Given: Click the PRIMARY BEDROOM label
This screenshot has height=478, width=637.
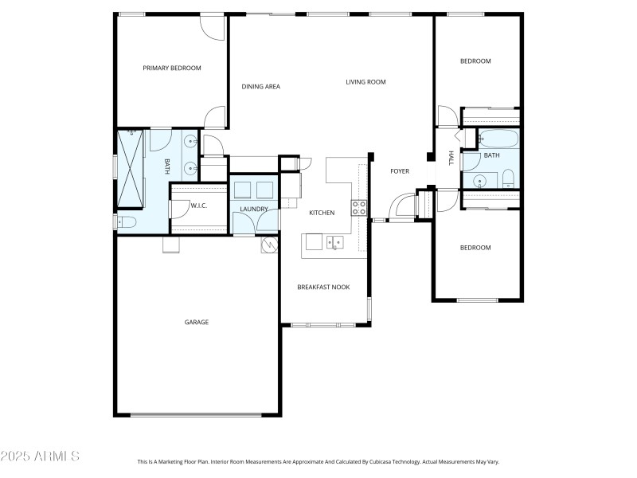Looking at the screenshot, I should pyautogui.click(x=172, y=69).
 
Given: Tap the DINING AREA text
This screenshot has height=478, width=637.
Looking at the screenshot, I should pyautogui.click(x=261, y=87).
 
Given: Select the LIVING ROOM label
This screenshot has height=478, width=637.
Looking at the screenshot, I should pyautogui.click(x=365, y=82).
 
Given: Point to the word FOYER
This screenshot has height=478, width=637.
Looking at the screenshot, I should pyautogui.click(x=399, y=171).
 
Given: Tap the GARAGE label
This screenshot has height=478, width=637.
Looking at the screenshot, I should pyautogui.click(x=197, y=323).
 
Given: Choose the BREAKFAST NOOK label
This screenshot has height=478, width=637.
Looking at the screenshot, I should pyautogui.click(x=323, y=288).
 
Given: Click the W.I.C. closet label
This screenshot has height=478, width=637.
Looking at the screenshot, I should pyautogui.click(x=199, y=206).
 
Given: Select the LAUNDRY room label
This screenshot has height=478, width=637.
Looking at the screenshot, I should pyautogui.click(x=255, y=210).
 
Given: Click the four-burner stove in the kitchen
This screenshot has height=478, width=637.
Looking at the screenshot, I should pyautogui.click(x=359, y=209).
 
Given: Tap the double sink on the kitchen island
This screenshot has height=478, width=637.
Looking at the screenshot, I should pyautogui.click(x=334, y=241).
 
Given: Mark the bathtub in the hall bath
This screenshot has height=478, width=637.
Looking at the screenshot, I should pyautogui.click(x=498, y=140).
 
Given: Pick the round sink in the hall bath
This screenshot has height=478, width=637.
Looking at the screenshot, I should pyautogui.click(x=479, y=181).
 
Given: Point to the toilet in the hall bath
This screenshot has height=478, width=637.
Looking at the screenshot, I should pyautogui.click(x=508, y=179).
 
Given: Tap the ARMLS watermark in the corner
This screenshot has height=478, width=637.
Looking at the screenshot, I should pyautogui.click(x=40, y=456).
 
